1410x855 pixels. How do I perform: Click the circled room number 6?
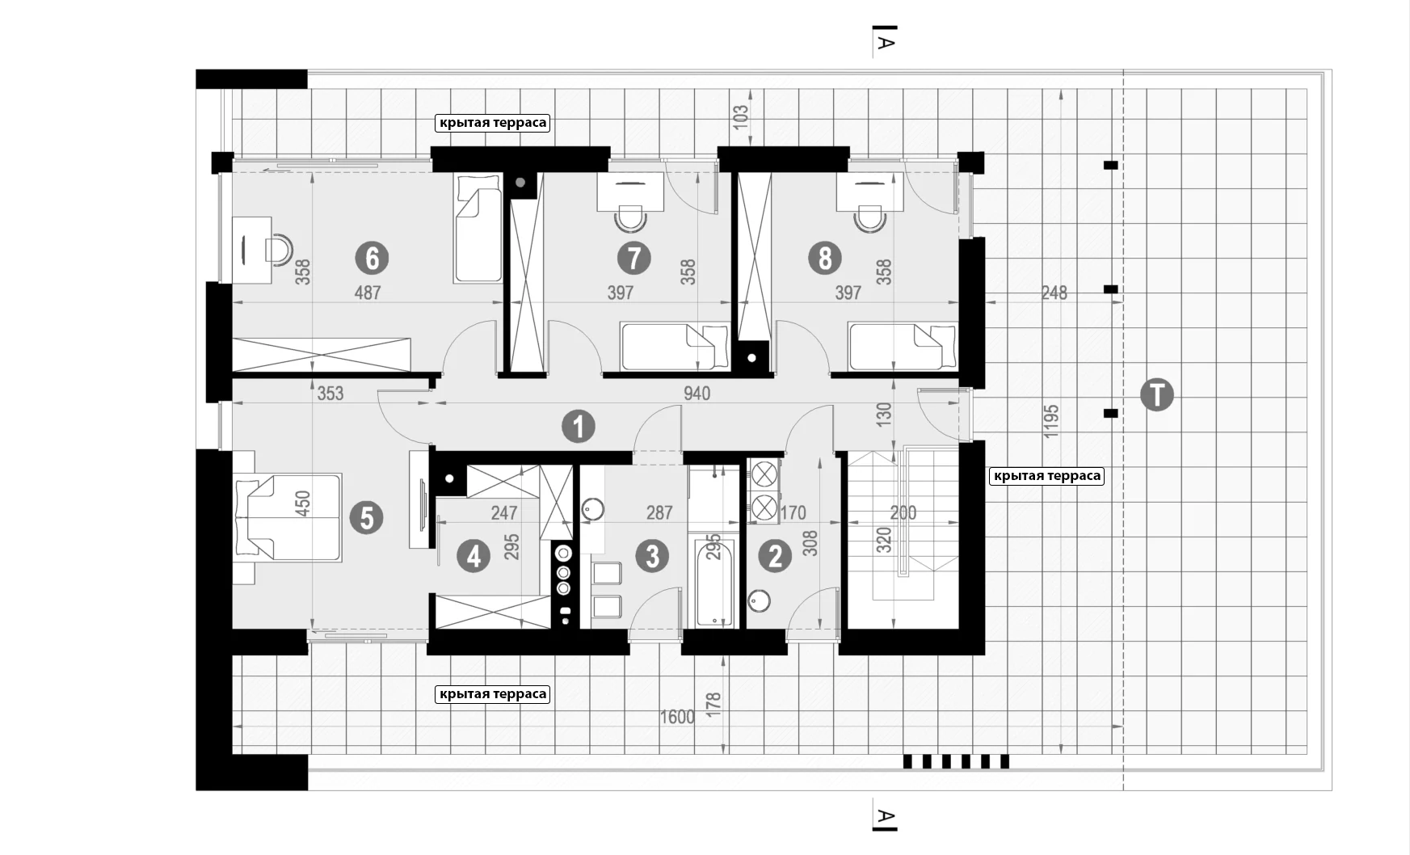[x=372, y=259]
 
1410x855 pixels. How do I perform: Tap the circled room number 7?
[x=633, y=259]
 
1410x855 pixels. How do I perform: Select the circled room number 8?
[x=825, y=259]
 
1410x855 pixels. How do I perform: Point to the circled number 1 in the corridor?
[x=579, y=427]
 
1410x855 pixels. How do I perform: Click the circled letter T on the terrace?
[x=1157, y=395]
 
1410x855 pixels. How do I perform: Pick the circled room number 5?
[x=367, y=517]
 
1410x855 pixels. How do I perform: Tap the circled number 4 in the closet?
[x=474, y=556]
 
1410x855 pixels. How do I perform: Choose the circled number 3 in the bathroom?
[x=652, y=556]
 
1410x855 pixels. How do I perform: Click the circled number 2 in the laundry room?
[x=777, y=556]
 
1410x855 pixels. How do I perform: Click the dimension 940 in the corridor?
[x=697, y=394]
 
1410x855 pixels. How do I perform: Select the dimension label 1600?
[x=677, y=718]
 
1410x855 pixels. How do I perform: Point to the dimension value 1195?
[x=1051, y=421]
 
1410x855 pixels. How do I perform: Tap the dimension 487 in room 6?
[x=368, y=293]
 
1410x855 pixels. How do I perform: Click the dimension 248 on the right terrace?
[x=1054, y=293]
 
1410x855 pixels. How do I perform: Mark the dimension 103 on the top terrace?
[x=740, y=115]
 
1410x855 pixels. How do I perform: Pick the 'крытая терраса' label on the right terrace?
[x=1047, y=476]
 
